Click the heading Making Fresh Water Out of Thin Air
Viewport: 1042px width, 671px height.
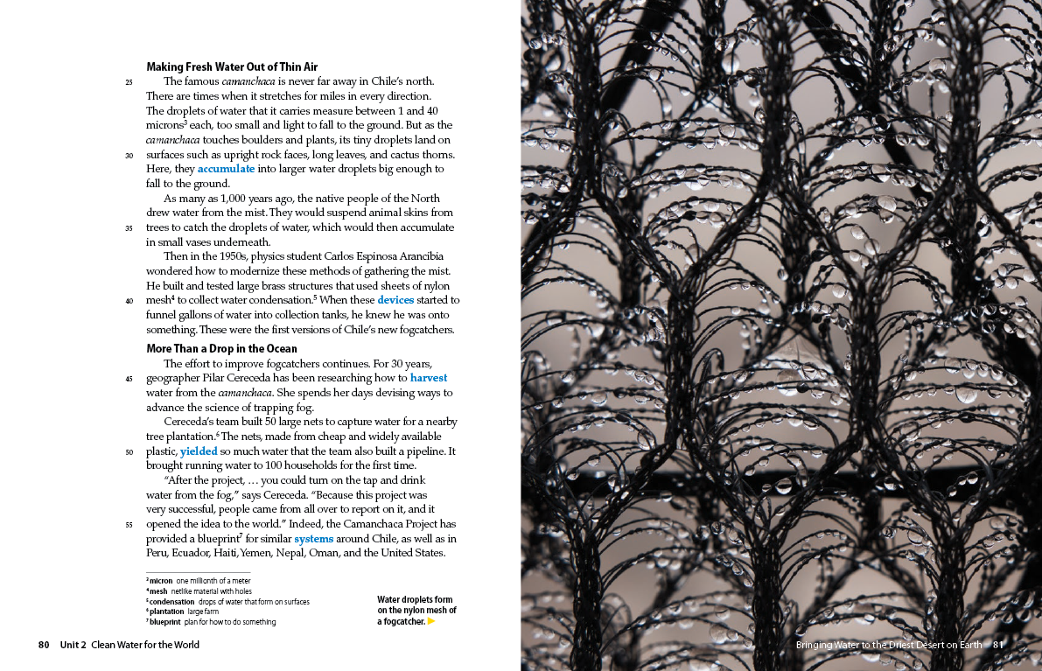click(232, 66)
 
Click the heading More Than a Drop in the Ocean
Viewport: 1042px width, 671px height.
click(221, 349)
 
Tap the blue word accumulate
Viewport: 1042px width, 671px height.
click(226, 169)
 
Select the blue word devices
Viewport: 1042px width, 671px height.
click(395, 300)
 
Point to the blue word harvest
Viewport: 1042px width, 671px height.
click(429, 378)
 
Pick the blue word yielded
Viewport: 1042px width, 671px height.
click(199, 451)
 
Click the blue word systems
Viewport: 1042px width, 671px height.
click(313, 539)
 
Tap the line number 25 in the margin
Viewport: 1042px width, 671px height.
click(129, 82)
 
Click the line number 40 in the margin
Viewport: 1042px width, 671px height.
click(129, 301)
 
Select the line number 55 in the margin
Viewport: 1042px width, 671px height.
click(129, 525)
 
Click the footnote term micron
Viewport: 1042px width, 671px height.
click(161, 581)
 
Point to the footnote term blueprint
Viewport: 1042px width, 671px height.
click(164, 622)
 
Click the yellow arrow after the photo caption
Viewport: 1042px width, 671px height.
click(431, 621)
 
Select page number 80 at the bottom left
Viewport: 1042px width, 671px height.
click(44, 645)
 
